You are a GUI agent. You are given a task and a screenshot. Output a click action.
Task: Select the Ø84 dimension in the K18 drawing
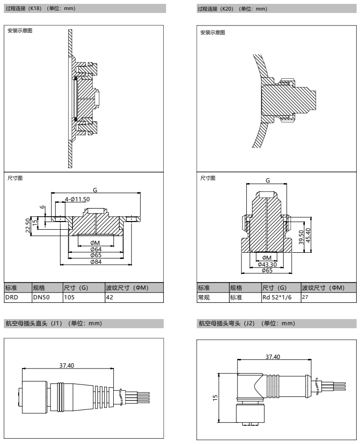pos(95,261)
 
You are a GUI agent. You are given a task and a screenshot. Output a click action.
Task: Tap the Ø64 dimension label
pos(95,249)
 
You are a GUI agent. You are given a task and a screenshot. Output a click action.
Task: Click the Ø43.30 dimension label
pos(267,264)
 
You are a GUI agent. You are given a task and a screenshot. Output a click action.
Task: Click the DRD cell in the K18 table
pos(11,297)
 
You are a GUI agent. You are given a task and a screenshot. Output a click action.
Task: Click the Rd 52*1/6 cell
pos(276,297)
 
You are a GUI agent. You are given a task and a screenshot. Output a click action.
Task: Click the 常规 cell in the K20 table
pos(204,297)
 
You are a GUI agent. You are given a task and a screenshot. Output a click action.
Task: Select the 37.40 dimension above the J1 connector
pos(66,366)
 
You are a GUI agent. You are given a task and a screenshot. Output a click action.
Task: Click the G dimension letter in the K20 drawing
pos(268,180)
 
